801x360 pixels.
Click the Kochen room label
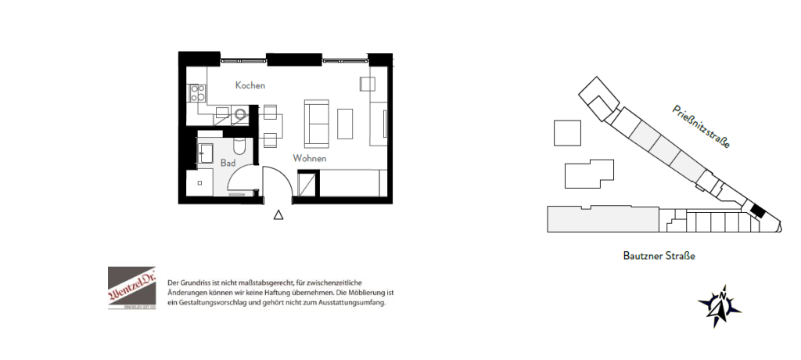click(250, 85)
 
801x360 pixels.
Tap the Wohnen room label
click(310, 158)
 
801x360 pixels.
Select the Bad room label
click(228, 164)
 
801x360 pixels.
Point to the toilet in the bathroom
click(240, 145)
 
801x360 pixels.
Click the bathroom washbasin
click(207, 151)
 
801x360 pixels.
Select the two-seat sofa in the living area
click(317, 123)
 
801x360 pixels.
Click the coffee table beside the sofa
click(345, 124)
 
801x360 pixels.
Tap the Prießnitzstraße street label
click(702, 128)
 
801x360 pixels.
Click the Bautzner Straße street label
click(659, 256)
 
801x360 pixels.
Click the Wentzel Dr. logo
click(131, 289)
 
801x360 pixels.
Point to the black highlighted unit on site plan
click(756, 210)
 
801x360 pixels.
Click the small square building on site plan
click(568, 132)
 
